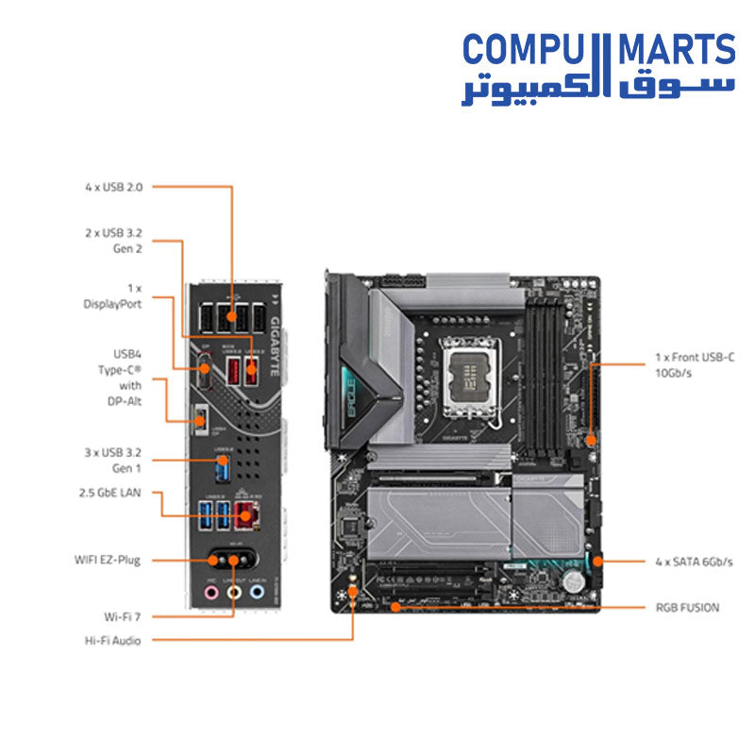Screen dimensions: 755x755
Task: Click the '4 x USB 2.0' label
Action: [113, 187]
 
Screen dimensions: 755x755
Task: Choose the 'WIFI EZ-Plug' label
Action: [108, 560]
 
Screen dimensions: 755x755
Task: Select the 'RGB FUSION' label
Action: [686, 608]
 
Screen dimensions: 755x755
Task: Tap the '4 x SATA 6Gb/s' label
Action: [694, 562]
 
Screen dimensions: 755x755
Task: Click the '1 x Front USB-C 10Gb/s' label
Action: [694, 364]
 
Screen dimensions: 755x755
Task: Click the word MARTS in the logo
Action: [676, 50]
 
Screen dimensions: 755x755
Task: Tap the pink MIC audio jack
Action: [212, 594]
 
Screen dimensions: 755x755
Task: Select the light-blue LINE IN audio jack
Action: [257, 594]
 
